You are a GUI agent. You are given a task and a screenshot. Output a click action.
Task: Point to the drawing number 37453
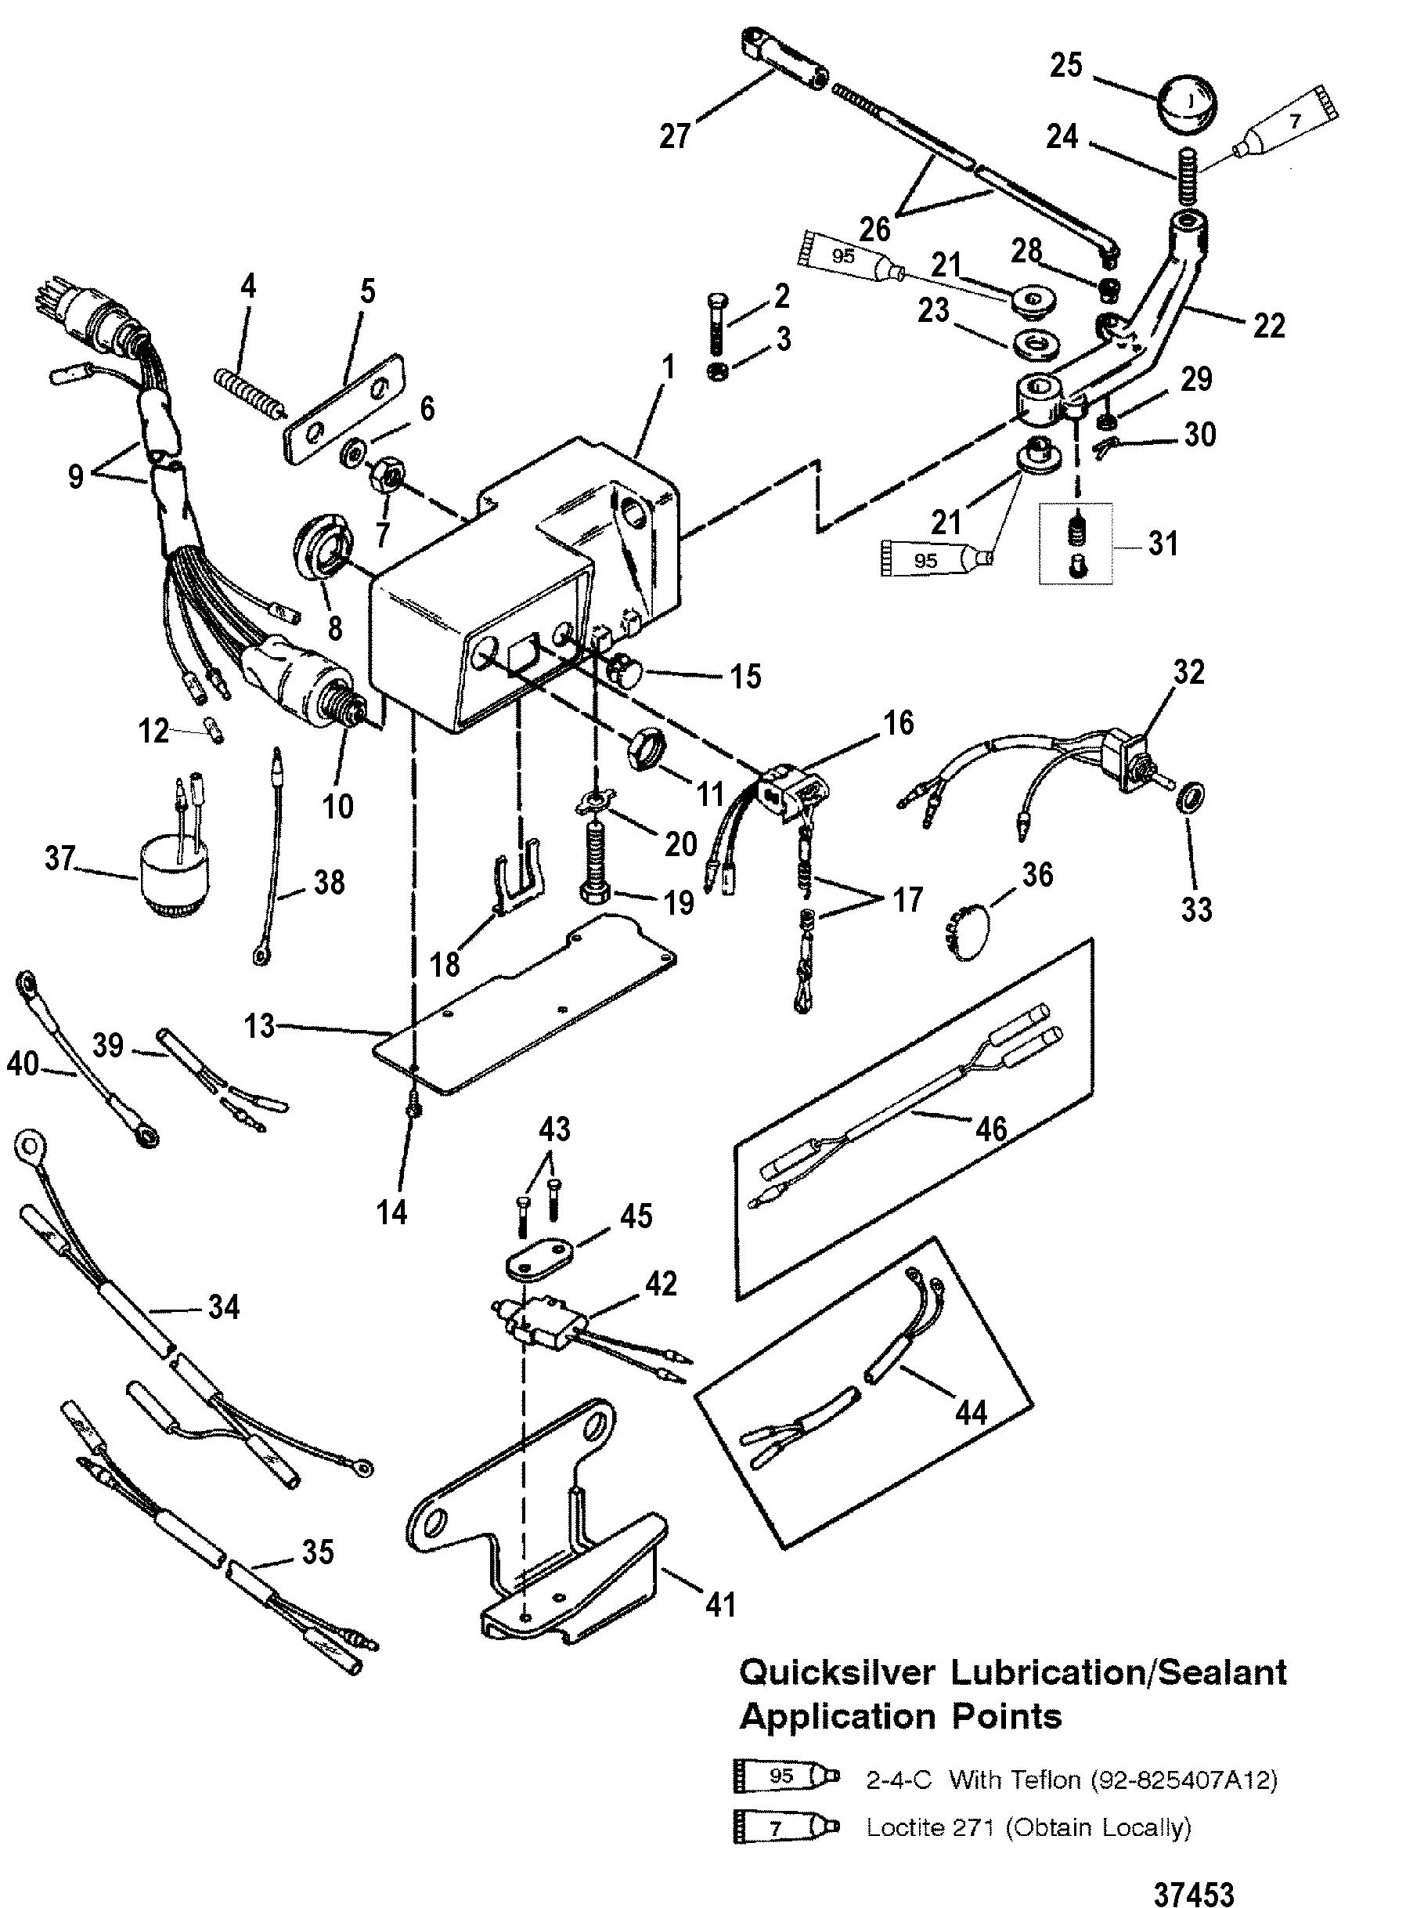[x=1193, y=1871]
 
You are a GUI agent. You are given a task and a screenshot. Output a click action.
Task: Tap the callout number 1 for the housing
[x=668, y=368]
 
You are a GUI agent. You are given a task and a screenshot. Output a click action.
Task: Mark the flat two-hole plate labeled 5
[x=343, y=399]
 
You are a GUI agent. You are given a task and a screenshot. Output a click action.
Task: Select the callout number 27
[x=675, y=136]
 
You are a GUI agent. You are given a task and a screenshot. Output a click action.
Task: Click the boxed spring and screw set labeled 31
[x=1075, y=544]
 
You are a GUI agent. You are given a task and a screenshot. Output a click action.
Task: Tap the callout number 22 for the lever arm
[x=1268, y=325]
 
